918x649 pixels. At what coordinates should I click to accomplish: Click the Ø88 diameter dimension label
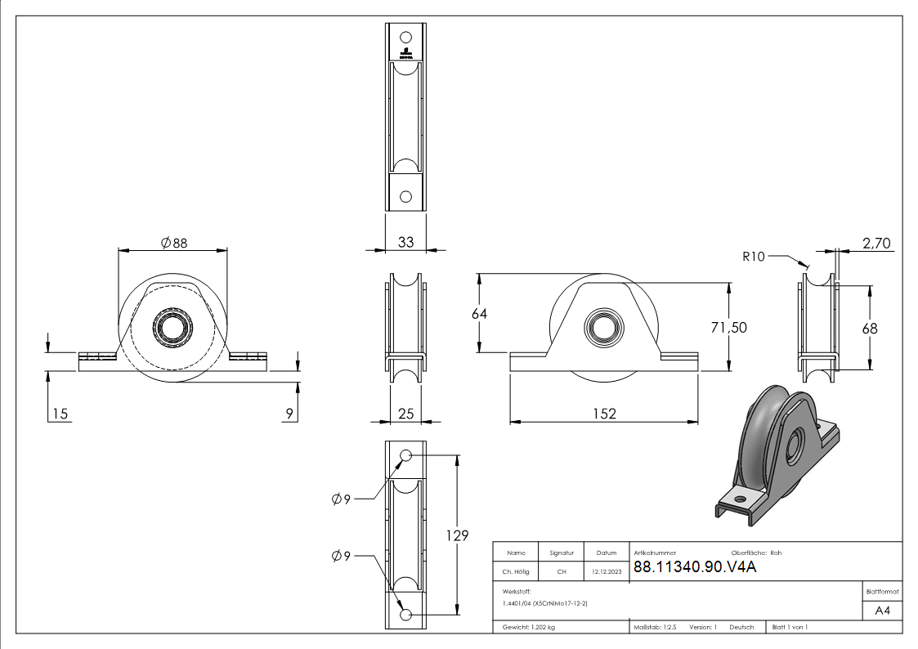click(174, 243)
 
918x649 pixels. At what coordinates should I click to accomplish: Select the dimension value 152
click(604, 414)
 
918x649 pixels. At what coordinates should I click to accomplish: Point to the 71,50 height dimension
click(728, 327)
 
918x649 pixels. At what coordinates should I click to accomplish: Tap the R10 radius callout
click(754, 257)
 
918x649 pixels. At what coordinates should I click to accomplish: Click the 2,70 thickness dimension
click(876, 243)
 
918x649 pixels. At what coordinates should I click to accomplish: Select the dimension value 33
click(405, 242)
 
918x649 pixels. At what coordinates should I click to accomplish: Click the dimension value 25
click(405, 414)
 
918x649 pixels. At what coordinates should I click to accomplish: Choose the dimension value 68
click(870, 328)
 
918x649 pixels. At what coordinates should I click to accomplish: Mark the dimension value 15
click(59, 414)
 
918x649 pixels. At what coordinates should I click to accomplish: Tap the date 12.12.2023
click(607, 572)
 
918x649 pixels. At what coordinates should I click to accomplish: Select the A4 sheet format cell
click(882, 611)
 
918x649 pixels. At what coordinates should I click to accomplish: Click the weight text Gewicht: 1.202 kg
click(529, 628)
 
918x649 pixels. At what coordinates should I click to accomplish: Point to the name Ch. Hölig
click(516, 572)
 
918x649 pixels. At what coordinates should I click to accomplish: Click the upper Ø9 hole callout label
click(341, 499)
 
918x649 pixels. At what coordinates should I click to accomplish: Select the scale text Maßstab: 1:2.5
click(655, 628)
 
